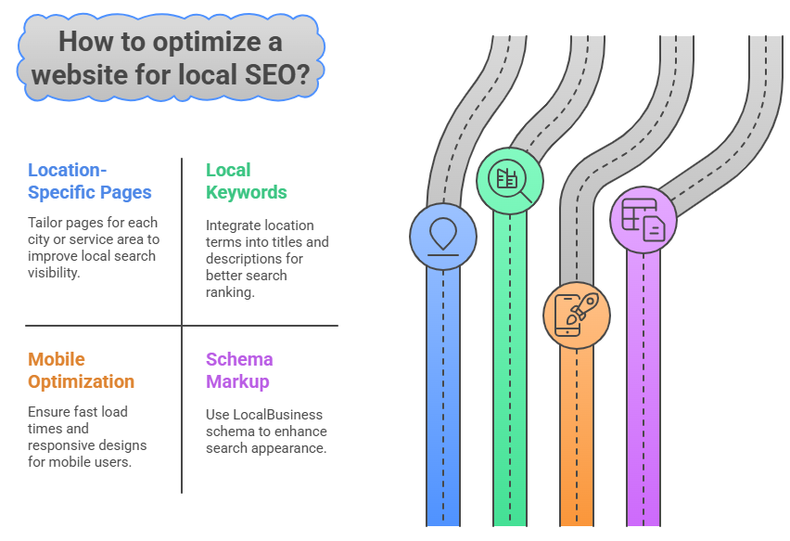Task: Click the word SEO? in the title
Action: [277, 74]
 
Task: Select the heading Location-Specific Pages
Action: [90, 181]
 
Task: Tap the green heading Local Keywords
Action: [247, 181]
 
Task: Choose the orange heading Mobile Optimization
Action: [81, 370]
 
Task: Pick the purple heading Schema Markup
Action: [239, 370]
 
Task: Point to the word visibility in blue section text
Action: [54, 273]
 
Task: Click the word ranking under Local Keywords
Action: [230, 292]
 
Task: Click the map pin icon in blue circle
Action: [443, 237]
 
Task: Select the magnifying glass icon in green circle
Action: [510, 180]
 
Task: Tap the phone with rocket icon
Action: [577, 315]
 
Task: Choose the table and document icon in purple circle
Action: [643, 219]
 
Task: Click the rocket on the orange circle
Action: [583, 307]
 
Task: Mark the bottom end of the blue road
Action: [443, 525]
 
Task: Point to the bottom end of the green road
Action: [510, 525]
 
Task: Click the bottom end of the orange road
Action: [577, 525]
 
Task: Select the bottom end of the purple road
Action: [643, 525]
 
